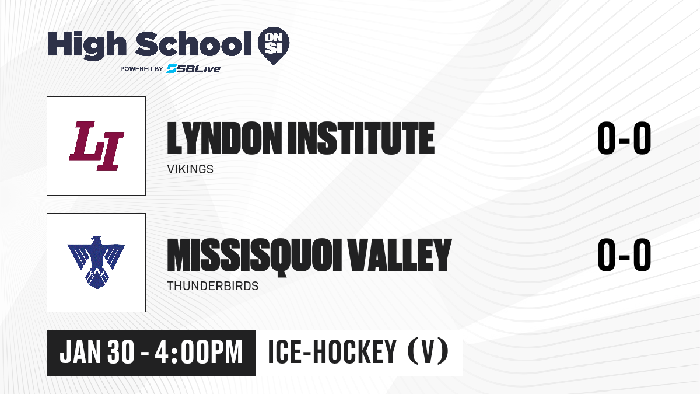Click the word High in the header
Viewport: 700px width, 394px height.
point(87,45)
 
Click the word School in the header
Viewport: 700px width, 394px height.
point(194,43)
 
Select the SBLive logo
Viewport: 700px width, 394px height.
point(194,69)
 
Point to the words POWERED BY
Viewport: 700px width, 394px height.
point(142,69)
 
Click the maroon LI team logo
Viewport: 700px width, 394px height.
point(97,146)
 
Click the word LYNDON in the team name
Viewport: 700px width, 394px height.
point(225,138)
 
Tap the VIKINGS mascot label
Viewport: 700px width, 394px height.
point(190,169)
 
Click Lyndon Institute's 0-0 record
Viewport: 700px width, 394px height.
point(624,138)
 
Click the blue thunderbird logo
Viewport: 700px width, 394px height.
point(96,262)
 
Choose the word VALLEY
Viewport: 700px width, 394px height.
point(400,255)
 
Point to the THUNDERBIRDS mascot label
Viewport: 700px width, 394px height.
point(212,286)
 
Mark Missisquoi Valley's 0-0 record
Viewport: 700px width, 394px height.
point(624,255)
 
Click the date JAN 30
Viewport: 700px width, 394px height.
point(97,353)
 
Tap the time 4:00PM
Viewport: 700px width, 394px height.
point(198,353)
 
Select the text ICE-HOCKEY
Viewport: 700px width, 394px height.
point(332,353)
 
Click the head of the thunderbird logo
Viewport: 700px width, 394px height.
point(96,240)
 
